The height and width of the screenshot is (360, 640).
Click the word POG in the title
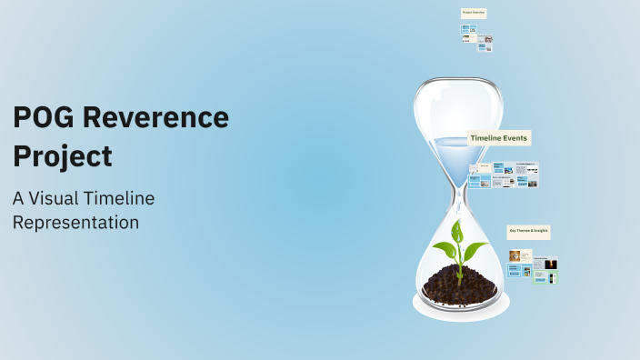[45, 118]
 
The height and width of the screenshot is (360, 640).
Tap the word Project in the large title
[63, 155]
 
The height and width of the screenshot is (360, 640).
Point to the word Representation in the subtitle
[75, 222]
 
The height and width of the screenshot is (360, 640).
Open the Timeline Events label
[498, 138]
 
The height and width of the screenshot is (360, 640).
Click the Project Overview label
[473, 13]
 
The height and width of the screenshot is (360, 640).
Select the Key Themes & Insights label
[528, 233]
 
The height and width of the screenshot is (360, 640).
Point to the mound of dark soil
[459, 285]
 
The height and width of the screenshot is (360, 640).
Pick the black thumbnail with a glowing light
[550, 265]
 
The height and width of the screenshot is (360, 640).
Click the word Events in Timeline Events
[515, 138]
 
